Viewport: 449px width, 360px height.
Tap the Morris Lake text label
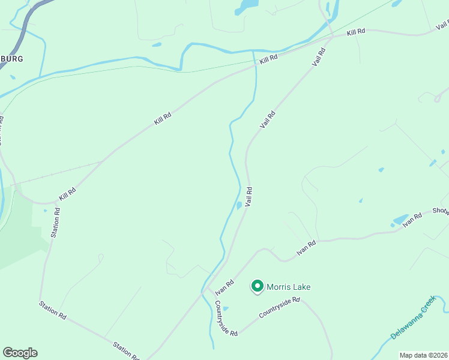point(288,287)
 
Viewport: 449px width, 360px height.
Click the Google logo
point(20,353)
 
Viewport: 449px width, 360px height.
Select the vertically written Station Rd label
point(56,223)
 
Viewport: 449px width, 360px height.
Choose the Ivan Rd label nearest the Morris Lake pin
point(224,287)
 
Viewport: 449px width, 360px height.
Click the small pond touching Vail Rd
point(239,206)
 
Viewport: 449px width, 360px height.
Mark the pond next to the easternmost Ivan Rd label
point(400,220)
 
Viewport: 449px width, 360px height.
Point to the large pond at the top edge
point(247,6)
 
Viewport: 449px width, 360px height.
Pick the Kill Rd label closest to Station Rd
point(67,195)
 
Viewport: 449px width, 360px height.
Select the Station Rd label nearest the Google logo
point(53,310)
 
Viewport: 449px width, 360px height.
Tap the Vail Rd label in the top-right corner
point(442,25)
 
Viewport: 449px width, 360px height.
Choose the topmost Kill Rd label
point(356,32)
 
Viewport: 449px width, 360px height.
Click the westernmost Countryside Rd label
point(226,318)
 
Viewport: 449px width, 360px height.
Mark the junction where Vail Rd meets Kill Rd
point(332,38)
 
